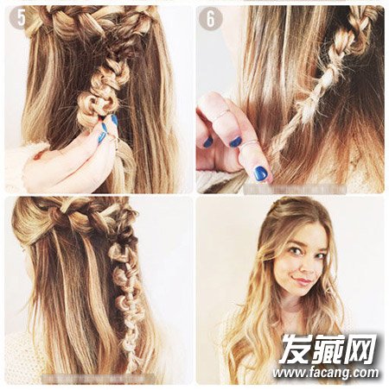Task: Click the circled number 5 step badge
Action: click(x=21, y=18)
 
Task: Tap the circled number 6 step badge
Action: click(x=210, y=18)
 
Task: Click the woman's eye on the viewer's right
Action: click(x=321, y=255)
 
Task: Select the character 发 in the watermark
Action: click(x=297, y=348)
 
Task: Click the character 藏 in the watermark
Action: click(x=328, y=348)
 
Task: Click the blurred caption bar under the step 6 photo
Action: click(x=295, y=189)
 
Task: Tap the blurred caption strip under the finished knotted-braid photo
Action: click(x=98, y=379)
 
